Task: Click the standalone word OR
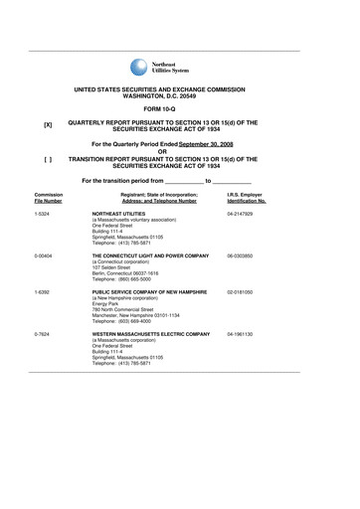(x=180, y=152)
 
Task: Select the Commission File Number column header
(x=48, y=198)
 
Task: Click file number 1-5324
(x=42, y=214)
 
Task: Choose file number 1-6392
(x=42, y=291)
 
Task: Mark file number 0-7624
(x=42, y=334)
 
